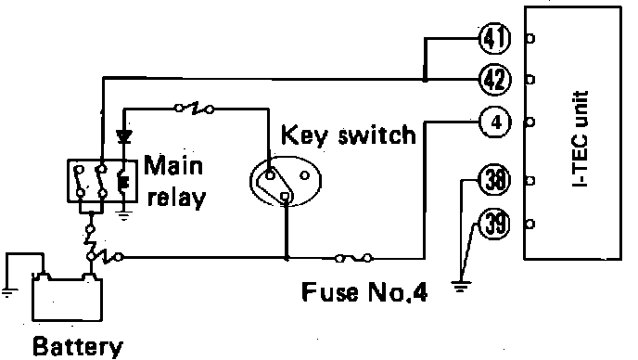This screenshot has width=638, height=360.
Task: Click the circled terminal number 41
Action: (x=495, y=38)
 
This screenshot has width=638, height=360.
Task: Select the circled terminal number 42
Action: (x=495, y=80)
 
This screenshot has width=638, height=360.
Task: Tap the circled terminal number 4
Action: (x=495, y=122)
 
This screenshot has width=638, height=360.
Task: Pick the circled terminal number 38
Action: (x=495, y=180)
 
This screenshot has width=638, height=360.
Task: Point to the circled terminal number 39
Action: (x=495, y=224)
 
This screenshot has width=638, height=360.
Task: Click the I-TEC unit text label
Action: (x=580, y=138)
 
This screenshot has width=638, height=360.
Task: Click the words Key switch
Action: (x=349, y=135)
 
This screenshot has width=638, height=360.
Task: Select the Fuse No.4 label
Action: (x=364, y=291)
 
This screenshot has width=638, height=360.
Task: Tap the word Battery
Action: (x=77, y=347)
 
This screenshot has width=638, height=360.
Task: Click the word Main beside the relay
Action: (x=173, y=165)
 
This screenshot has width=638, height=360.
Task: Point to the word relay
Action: (x=176, y=198)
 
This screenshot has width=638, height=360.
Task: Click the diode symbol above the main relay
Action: (x=123, y=136)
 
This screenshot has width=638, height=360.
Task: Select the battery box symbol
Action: (x=67, y=298)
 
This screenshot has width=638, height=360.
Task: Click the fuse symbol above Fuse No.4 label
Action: (x=353, y=258)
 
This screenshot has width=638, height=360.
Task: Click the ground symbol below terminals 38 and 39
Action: (x=461, y=287)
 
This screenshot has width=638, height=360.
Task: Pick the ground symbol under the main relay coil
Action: (x=124, y=215)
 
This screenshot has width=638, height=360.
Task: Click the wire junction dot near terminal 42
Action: (x=425, y=80)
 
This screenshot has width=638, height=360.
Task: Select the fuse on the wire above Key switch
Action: (x=194, y=109)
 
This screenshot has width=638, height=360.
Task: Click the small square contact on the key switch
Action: (x=286, y=197)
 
